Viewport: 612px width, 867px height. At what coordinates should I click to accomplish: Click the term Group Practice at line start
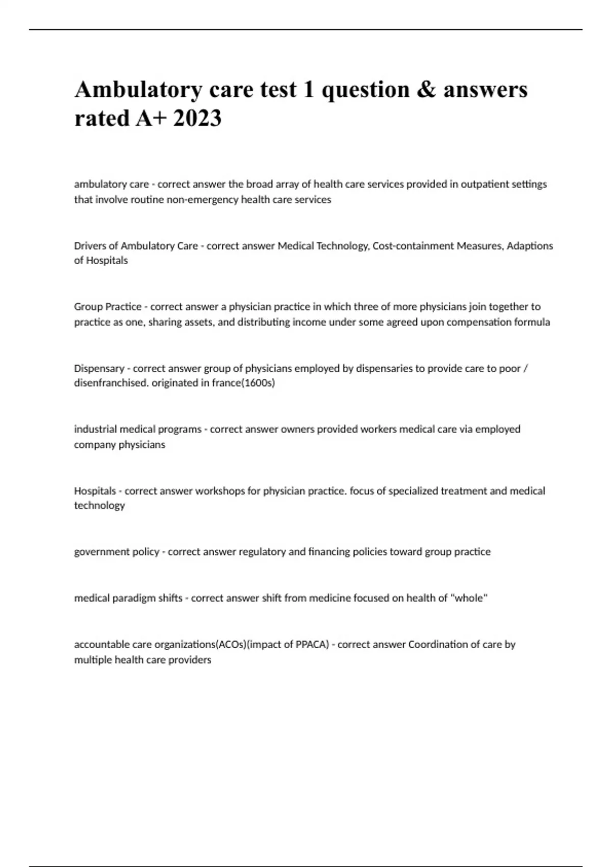(108, 307)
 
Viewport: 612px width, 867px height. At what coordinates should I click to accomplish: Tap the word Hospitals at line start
(95, 491)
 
